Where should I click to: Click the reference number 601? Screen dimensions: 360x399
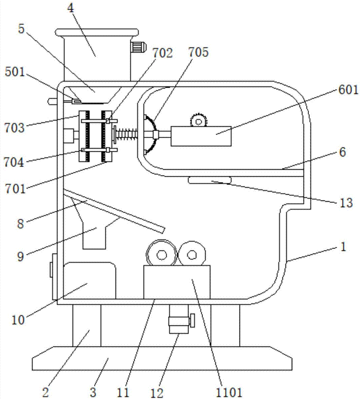tap(348, 90)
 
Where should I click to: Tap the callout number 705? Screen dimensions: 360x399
tap(198, 52)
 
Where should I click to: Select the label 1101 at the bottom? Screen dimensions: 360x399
tap(228, 393)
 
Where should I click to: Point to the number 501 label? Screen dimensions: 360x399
tap(15, 72)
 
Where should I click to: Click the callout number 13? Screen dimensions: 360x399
tap(346, 203)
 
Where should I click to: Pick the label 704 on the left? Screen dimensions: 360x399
tap(14, 162)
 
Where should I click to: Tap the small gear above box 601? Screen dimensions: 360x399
tap(198, 120)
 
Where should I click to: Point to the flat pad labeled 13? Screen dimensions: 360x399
tap(209, 180)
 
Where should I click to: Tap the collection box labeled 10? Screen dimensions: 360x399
tap(89, 280)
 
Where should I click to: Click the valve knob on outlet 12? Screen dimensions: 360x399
tap(192, 320)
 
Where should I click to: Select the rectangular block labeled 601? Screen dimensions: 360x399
tap(201, 136)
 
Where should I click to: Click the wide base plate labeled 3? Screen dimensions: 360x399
tap(162, 358)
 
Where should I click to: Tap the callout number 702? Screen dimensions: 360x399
tap(162, 53)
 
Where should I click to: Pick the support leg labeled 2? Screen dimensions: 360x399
tap(87, 326)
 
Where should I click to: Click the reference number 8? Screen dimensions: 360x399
tap(21, 224)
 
